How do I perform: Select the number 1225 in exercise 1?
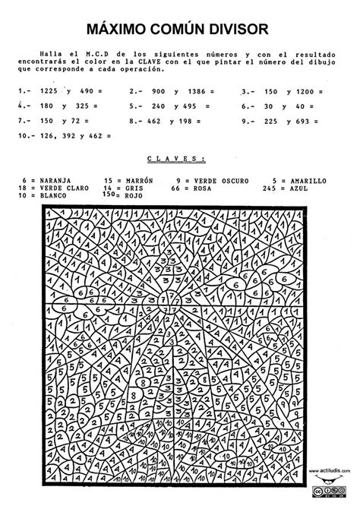pyautogui.click(x=48, y=90)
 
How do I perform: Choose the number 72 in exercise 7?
pyautogui.click(x=76, y=120)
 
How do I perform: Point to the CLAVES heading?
pyautogui.click(x=176, y=160)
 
